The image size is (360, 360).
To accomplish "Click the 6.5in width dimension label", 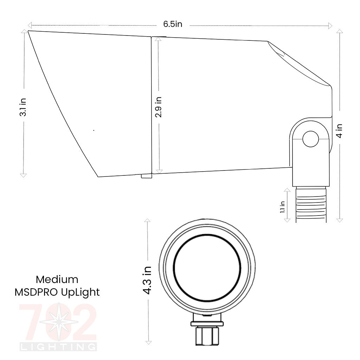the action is [173, 24].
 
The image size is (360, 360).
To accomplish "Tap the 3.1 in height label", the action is [23, 107].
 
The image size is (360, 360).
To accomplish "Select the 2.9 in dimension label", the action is [159, 107].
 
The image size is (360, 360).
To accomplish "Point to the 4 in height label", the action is [339, 131].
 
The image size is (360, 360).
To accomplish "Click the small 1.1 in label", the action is [282, 207].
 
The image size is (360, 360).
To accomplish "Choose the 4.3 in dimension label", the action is [147, 281].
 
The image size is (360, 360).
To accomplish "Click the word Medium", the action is [57, 279].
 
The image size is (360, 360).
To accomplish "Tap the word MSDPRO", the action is [37, 292].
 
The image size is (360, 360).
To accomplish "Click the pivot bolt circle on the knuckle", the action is [310, 139].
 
